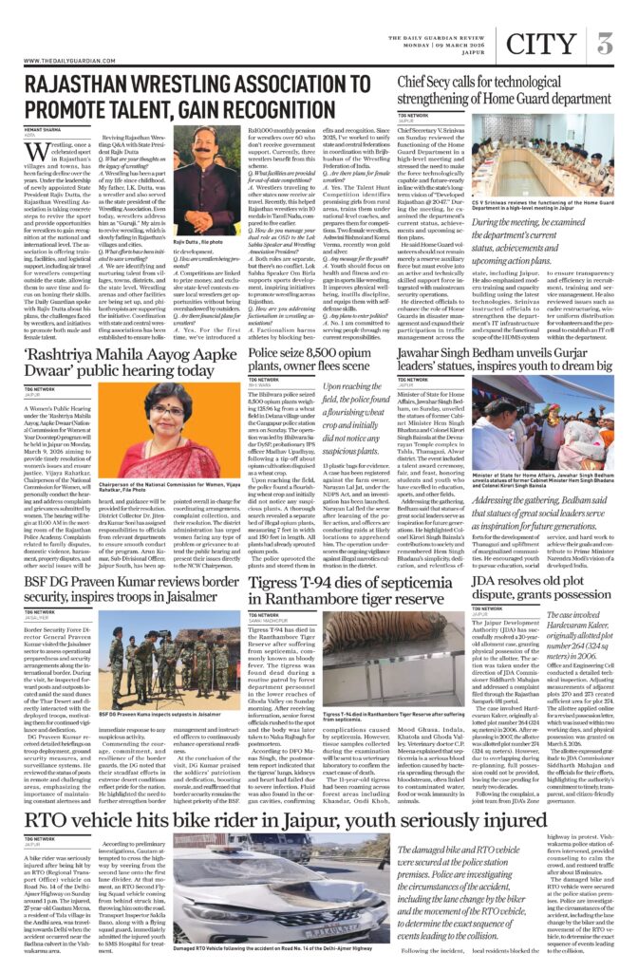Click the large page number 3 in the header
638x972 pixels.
(x=605, y=44)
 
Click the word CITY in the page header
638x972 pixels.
(x=540, y=44)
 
